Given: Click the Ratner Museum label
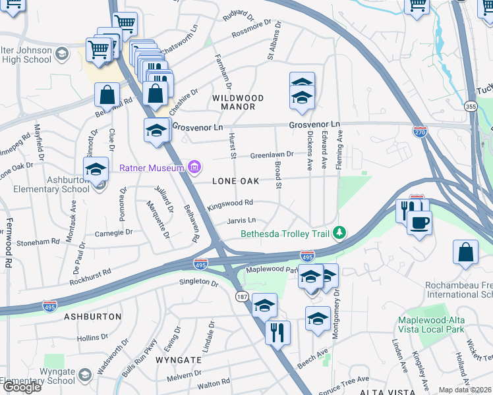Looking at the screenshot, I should [x=151, y=168].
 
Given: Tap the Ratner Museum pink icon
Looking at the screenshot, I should [x=194, y=167].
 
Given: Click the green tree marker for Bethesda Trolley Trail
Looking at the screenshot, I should [x=339, y=232].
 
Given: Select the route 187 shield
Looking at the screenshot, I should [x=243, y=298].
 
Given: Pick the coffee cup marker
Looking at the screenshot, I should [x=419, y=222].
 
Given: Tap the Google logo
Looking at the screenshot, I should [x=22, y=387].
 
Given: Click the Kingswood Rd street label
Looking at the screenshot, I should [x=231, y=203].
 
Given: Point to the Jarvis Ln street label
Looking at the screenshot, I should [x=241, y=221].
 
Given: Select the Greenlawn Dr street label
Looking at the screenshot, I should [x=271, y=155].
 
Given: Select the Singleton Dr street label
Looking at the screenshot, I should [x=198, y=282].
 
